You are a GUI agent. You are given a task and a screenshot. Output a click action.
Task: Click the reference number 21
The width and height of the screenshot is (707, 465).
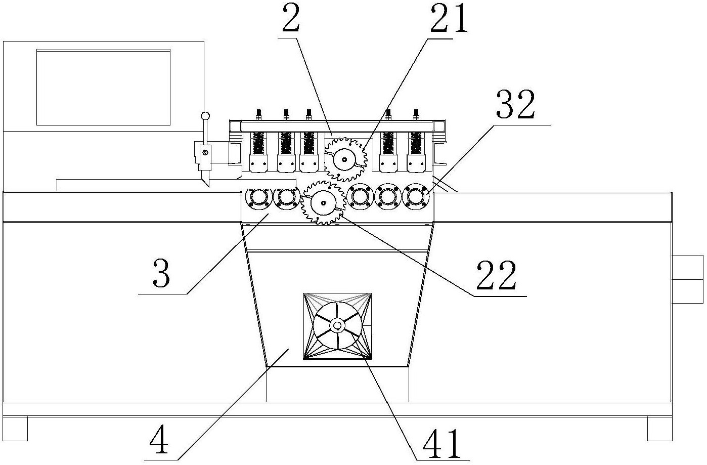[x=448, y=19]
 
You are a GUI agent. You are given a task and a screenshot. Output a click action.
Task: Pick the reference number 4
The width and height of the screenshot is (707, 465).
[x=159, y=441]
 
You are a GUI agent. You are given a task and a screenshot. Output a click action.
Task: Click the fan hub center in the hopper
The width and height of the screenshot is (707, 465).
[x=337, y=325]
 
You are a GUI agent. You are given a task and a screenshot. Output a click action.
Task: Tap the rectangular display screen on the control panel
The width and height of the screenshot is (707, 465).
[x=103, y=87]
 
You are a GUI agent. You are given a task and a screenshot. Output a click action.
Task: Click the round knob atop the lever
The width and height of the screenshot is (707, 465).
[x=205, y=116]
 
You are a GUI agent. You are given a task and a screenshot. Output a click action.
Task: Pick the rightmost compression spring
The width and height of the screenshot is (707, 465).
[x=416, y=143]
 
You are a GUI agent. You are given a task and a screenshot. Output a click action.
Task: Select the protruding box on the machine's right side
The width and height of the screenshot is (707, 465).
[x=688, y=279]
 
